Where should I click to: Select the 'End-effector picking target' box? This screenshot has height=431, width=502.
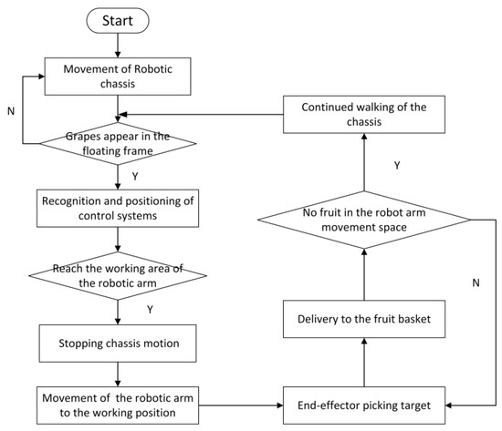coord(365,402)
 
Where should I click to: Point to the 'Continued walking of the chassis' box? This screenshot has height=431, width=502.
coord(365,114)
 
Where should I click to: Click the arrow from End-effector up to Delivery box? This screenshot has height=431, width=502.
coord(365,360)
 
